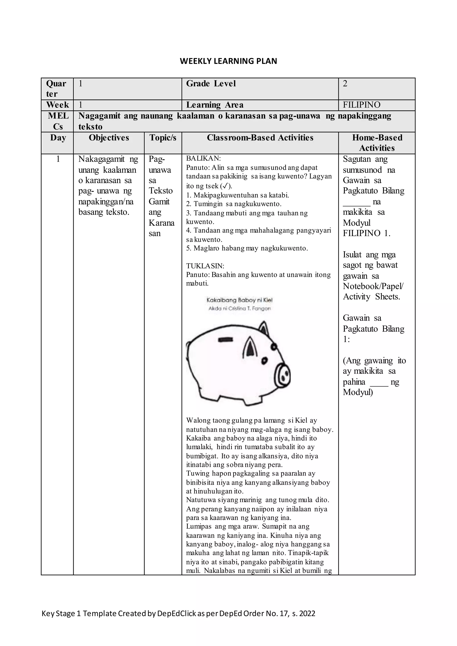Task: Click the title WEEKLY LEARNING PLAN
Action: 228,61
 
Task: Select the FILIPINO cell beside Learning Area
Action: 361,105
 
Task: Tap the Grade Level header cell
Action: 211,84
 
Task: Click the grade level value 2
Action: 345,84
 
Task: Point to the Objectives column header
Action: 109,138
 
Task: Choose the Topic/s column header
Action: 163,138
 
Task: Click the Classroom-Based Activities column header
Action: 260,138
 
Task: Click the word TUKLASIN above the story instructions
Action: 205,266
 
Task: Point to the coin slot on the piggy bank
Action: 225,340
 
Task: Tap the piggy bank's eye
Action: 264,361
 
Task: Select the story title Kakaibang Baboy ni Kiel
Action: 239,300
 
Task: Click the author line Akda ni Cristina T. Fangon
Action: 239,308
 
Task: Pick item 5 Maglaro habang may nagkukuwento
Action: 247,248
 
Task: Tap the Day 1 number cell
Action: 58,159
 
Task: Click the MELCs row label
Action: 58,121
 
